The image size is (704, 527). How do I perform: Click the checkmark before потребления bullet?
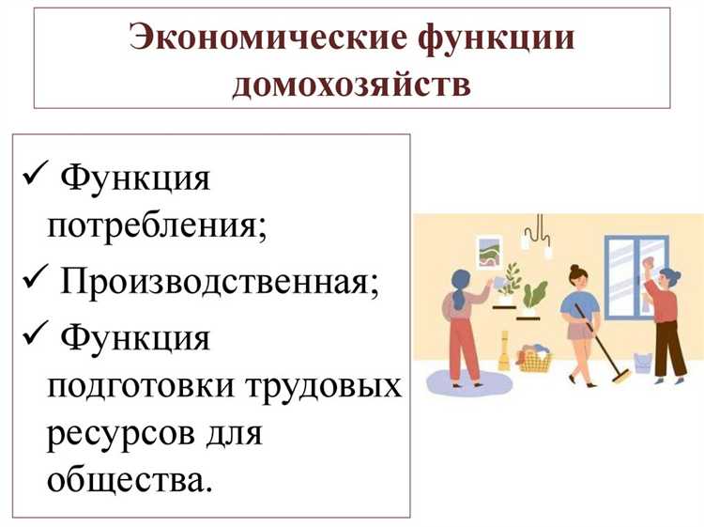pyautogui.click(x=34, y=175)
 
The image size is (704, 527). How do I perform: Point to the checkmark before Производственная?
pyautogui.click(x=34, y=280)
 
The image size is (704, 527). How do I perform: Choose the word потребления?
pyautogui.click(x=156, y=227)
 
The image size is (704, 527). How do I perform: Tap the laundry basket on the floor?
pyautogui.click(x=534, y=358)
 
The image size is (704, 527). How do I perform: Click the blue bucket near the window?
pyautogui.click(x=643, y=362)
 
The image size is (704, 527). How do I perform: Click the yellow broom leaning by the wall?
pyautogui.click(x=504, y=352)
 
